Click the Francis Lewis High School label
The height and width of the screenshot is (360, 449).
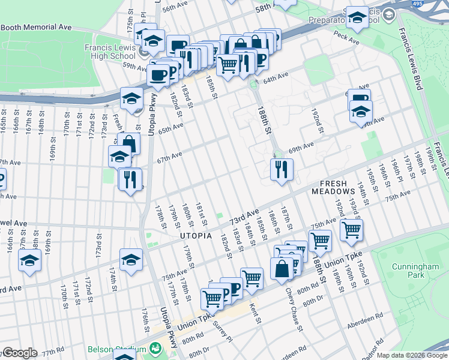(x=110, y=52)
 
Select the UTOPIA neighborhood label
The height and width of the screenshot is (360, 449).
(x=196, y=236)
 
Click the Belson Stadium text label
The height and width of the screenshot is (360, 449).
(x=115, y=349)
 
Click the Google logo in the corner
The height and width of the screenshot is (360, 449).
(x=19, y=353)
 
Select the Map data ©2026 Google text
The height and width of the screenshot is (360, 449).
(x=412, y=355)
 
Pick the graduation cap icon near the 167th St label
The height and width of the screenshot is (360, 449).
(x=29, y=260)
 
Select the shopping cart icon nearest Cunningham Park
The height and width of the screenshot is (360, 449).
(x=351, y=229)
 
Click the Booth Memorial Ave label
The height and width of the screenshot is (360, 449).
(x=36, y=28)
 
